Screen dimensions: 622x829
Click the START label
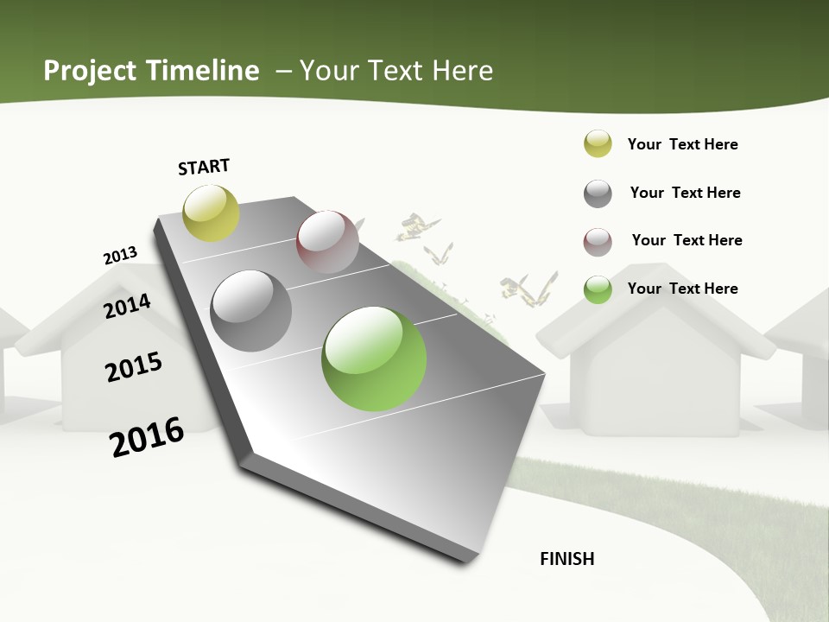point(204,167)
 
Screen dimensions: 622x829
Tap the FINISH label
point(567,559)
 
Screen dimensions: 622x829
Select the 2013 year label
point(120,256)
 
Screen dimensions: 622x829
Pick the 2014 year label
point(127,306)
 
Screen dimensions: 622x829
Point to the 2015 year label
point(134,367)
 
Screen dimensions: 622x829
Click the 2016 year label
point(147,437)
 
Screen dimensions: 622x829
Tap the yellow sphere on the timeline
point(211,213)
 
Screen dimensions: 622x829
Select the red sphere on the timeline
point(327,242)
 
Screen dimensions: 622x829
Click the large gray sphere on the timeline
point(251,311)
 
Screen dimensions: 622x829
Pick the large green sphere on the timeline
point(374,359)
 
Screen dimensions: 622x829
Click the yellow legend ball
point(598,144)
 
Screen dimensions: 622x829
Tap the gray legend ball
point(598,194)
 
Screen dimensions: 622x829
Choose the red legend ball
point(598,242)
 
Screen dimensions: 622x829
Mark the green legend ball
point(598,289)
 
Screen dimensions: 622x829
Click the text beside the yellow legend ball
point(682,144)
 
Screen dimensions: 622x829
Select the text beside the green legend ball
point(682,289)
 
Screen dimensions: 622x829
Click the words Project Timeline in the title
point(151,71)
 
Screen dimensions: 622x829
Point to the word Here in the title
point(462,71)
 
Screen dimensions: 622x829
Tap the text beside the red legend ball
point(687,240)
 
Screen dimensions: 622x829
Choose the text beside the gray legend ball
point(685,193)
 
